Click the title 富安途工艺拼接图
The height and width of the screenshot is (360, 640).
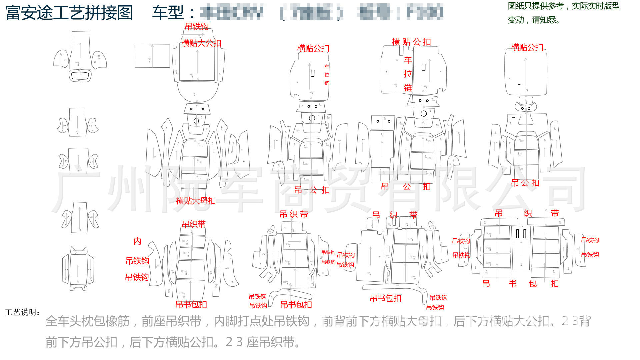click(69, 13)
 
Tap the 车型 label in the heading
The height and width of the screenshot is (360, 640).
click(168, 13)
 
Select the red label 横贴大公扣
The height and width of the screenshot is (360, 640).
click(201, 43)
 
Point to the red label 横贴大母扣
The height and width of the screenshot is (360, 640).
click(196, 201)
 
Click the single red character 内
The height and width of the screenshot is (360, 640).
click(137, 241)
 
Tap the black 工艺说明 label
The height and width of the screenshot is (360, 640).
click(22, 312)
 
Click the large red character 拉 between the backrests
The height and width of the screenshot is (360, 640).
click(408, 74)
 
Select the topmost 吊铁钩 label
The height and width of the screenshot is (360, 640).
click(197, 27)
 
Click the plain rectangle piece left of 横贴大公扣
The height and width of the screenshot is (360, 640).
click(152, 56)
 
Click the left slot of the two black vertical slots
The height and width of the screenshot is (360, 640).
click(518, 234)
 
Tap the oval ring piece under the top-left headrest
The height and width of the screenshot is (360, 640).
click(80, 76)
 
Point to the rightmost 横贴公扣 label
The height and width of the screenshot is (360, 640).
click(527, 48)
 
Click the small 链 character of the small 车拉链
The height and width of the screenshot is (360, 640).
click(327, 83)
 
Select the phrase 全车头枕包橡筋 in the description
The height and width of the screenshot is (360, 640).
click(87, 321)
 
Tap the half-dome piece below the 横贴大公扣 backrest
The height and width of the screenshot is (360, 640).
click(197, 91)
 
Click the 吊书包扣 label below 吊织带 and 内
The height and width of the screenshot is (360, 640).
click(191, 304)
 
